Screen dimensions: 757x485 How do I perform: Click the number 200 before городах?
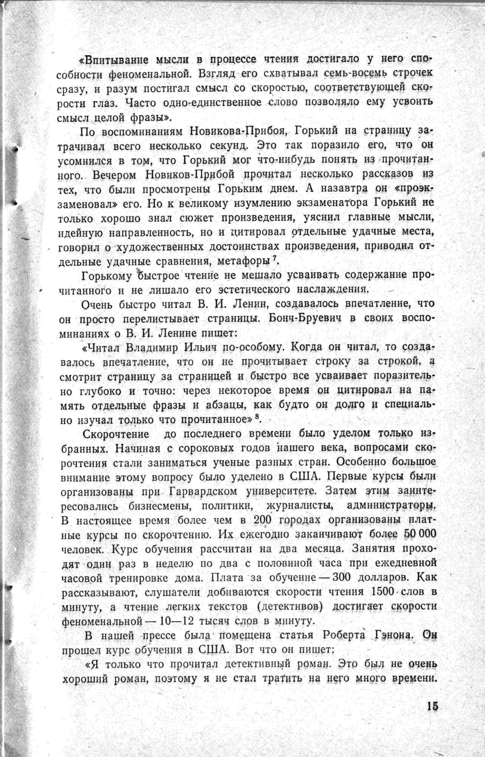pyautogui.click(x=262, y=520)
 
